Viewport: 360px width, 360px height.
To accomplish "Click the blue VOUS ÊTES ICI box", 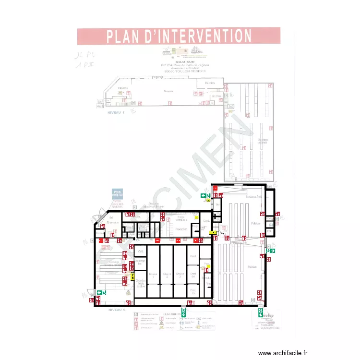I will click(x=118, y=193).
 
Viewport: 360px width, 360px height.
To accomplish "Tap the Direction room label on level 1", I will click(x=123, y=88).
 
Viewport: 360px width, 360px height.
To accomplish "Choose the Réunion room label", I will click(x=209, y=84).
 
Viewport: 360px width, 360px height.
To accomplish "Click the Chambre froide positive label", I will click(x=141, y=283).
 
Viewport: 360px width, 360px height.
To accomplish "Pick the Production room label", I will click(x=181, y=229).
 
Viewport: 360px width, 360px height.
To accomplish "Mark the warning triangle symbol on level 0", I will click(x=128, y=292).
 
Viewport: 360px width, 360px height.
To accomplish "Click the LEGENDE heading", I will click(x=170, y=314).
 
